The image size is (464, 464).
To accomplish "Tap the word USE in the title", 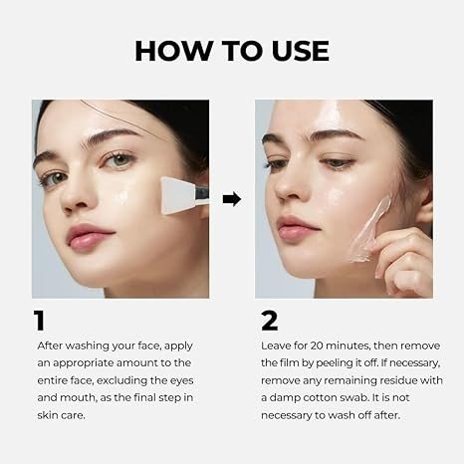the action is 300,51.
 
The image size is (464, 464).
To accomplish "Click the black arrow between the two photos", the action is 232,199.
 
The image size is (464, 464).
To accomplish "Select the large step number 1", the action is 39,321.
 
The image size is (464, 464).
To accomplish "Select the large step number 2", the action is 269,321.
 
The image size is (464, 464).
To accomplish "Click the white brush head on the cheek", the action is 177,195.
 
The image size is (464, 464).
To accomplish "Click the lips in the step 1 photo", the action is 88,236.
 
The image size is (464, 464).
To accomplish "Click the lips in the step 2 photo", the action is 296,229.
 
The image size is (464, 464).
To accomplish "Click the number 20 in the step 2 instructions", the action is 318,346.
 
